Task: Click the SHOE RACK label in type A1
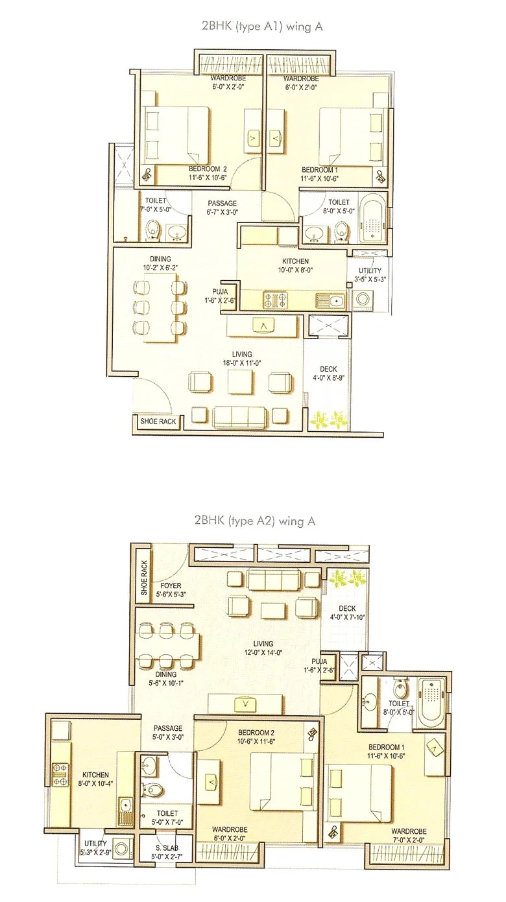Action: click(x=158, y=421)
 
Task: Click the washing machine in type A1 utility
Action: click(x=362, y=298)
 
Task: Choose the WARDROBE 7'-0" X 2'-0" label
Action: click(x=409, y=835)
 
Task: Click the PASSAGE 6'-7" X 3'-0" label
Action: click(x=223, y=208)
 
